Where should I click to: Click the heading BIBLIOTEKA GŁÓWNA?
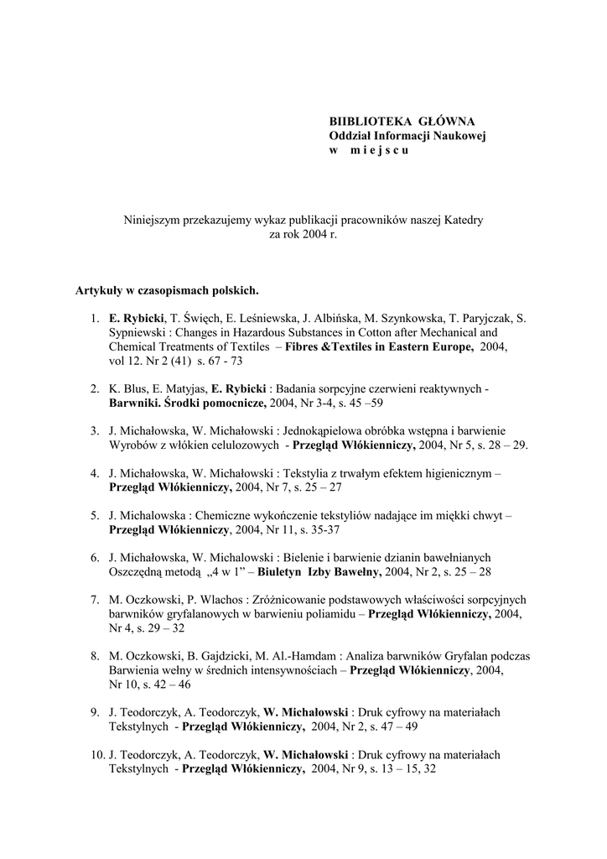coord(401,122)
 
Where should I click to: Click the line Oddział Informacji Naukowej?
coord(407,136)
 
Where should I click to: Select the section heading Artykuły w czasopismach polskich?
coord(167,292)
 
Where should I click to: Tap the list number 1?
coord(94,320)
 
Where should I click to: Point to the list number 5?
coord(94,516)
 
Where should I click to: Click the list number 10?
coord(96,754)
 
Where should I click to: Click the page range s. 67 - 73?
coord(220,361)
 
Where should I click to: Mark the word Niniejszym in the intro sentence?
coord(151,221)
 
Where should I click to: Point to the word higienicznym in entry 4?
coord(450,474)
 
